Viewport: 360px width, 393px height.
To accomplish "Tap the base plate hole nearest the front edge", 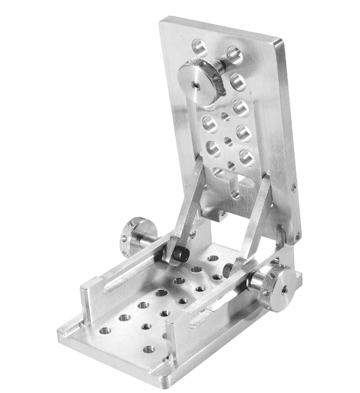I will pos(148,349).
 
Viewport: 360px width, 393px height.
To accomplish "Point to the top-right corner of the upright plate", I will pos(280,41).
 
